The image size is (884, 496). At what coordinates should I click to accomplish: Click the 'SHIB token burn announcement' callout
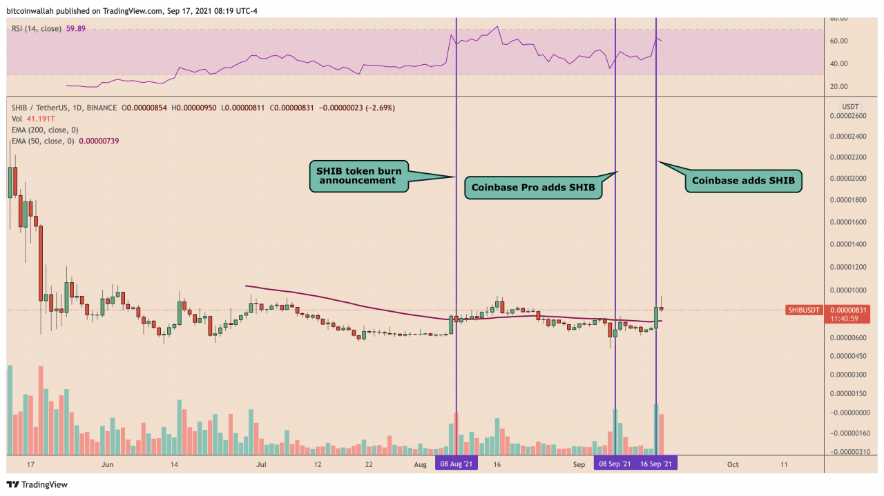[x=358, y=175]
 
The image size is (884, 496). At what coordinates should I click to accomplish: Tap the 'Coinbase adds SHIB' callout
[x=742, y=181]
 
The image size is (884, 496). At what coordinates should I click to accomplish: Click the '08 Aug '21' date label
[x=457, y=464]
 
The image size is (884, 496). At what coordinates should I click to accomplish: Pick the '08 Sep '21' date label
[x=614, y=464]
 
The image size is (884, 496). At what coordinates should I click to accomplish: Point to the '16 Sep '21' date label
[x=656, y=464]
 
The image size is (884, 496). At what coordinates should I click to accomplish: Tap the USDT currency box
[x=849, y=106]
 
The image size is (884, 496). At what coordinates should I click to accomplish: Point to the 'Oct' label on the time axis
[x=733, y=464]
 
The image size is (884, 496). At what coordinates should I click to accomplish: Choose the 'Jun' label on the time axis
[x=107, y=464]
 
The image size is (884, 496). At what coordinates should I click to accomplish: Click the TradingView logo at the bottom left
[x=37, y=484]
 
